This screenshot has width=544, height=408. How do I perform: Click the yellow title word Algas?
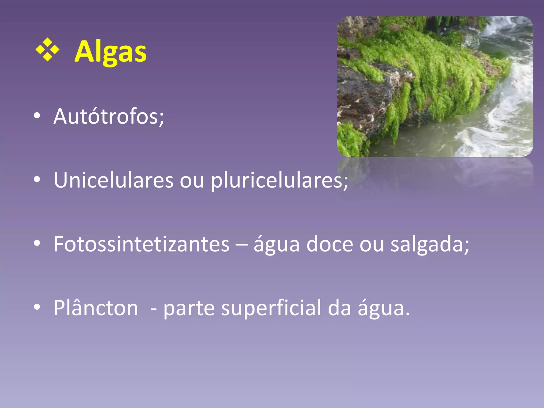click(x=110, y=52)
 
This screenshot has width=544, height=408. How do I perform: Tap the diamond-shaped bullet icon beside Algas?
click(x=47, y=50)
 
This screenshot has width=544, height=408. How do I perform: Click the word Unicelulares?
click(x=114, y=180)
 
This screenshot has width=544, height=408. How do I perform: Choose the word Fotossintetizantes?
click(x=141, y=244)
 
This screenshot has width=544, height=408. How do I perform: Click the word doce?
click(x=330, y=244)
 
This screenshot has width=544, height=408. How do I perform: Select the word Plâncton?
click(x=96, y=308)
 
